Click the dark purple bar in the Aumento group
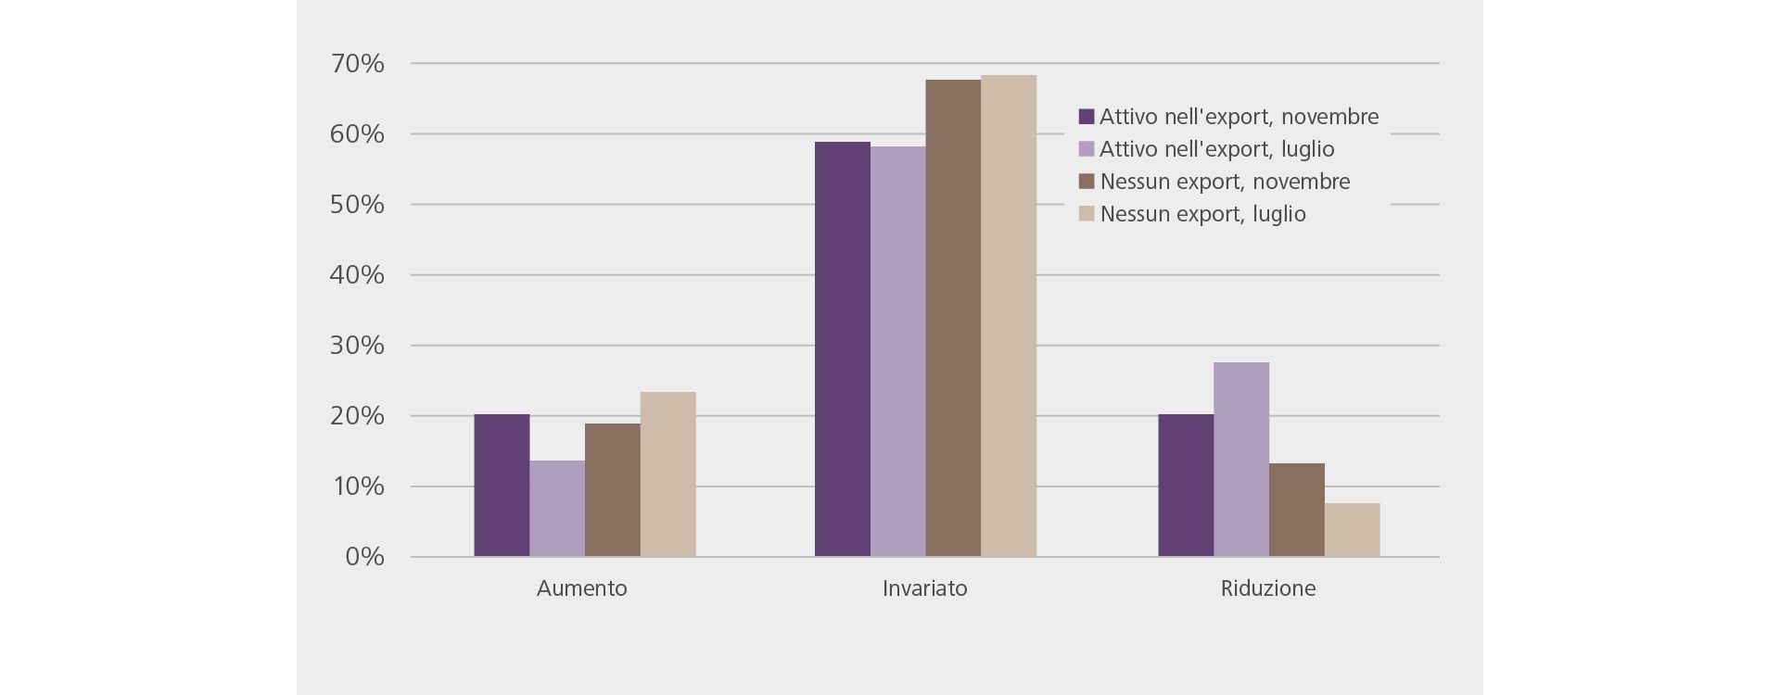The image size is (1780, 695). (x=502, y=486)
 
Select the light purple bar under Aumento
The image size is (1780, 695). (x=557, y=509)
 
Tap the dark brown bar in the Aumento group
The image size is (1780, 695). (x=613, y=490)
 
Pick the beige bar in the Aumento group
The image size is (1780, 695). (x=667, y=474)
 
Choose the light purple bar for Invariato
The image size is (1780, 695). (x=897, y=352)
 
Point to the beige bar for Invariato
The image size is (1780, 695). (x=1009, y=316)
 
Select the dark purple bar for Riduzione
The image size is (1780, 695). (x=1186, y=486)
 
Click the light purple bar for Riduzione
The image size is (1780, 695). (x=1241, y=460)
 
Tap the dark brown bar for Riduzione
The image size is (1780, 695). (x=1297, y=510)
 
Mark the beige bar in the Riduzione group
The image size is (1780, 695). (x=1352, y=530)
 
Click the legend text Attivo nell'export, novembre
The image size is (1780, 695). (x=1239, y=117)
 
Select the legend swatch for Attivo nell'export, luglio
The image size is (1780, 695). (x=1087, y=149)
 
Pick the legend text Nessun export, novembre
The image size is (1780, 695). (x=1225, y=182)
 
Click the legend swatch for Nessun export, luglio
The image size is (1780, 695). (x=1087, y=214)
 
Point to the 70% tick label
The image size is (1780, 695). (x=357, y=64)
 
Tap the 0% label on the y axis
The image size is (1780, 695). (x=364, y=557)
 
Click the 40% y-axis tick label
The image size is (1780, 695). (x=357, y=275)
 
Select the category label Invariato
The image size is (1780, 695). (x=924, y=588)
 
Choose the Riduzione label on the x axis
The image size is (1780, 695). (x=1267, y=588)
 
